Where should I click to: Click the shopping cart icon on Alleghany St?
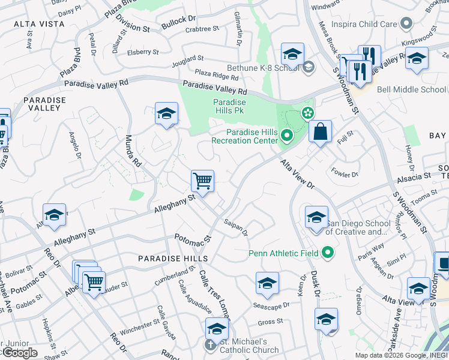click(x=203, y=181)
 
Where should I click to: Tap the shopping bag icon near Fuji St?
click(x=321, y=131)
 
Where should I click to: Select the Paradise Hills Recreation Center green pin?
click(x=286, y=137)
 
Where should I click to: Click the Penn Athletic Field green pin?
click(x=328, y=253)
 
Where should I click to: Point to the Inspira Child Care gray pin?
click(x=407, y=24)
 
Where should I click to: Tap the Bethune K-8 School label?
click(x=262, y=68)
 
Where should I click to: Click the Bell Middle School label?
click(x=412, y=90)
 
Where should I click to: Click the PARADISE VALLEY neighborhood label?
click(x=42, y=103)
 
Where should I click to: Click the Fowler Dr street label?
click(x=345, y=175)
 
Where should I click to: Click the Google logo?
click(x=20, y=353)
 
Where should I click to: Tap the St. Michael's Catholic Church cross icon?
click(x=210, y=346)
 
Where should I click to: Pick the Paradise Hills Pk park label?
click(x=229, y=106)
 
